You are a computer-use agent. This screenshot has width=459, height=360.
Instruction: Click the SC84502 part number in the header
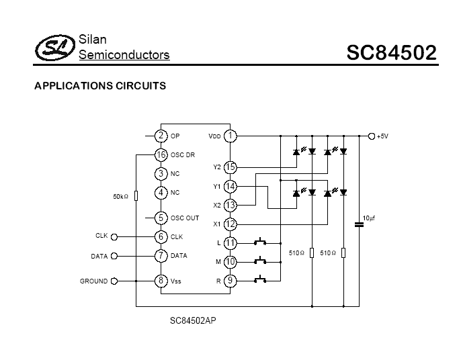391,52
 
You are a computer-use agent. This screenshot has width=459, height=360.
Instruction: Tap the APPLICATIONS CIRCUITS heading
100,86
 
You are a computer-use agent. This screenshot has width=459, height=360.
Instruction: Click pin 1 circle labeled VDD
230,136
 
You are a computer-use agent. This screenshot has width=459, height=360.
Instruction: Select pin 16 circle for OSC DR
161,155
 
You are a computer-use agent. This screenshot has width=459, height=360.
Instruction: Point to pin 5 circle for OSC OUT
161,218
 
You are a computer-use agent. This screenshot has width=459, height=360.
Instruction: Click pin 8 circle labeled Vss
161,281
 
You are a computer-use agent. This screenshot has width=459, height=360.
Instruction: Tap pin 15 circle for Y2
230,167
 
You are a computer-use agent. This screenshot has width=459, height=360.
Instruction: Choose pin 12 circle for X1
230,224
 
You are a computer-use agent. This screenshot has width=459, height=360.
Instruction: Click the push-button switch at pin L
260,241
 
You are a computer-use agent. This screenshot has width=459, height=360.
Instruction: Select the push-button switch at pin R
260,279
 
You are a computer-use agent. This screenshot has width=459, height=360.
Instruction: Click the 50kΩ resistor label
121,197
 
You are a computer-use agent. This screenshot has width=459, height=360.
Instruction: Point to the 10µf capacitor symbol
359,224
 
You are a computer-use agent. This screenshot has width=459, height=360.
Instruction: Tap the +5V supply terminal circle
372,136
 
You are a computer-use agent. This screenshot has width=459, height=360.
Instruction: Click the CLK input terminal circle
114,236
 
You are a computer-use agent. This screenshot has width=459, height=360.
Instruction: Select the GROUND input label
93,281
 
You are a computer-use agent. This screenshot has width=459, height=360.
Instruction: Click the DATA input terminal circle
114,256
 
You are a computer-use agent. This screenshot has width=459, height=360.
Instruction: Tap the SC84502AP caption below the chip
193,321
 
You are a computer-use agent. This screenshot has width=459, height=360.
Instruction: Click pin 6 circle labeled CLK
161,236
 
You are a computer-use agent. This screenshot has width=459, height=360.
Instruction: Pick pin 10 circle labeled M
230,261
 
